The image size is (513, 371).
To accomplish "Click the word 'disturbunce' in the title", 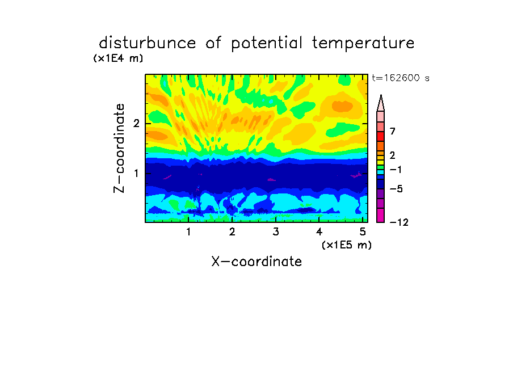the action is point(147,43).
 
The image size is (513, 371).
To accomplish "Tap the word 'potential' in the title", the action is point(267,44).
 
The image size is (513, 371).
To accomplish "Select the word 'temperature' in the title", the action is point(363,44).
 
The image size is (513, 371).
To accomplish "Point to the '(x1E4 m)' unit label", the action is point(118,58).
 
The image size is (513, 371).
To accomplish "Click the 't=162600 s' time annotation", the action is point(401,78).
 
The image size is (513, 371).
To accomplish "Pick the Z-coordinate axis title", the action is point(119,148).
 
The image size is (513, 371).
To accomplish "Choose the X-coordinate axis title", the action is point(256,262).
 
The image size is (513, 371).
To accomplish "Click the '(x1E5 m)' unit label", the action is point(347,244).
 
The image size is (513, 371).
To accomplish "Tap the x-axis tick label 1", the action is point(189,231).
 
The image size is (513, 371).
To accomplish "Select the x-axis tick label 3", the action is point(276,231).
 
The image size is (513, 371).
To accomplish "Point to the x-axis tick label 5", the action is point(363,231).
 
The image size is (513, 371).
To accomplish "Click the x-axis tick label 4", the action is point(319,231).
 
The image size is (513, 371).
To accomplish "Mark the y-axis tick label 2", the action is point(136,123).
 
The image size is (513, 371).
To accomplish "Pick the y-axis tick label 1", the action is point(136,173).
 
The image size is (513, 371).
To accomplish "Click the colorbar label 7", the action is point(393,131).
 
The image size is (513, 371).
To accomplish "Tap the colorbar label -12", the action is point(399,222).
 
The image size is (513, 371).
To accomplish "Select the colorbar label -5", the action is point(396,189).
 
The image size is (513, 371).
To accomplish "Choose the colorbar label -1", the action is point(396,170).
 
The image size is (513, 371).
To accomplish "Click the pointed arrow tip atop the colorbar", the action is point(381,95).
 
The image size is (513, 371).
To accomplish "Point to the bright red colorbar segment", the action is point(381,136).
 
